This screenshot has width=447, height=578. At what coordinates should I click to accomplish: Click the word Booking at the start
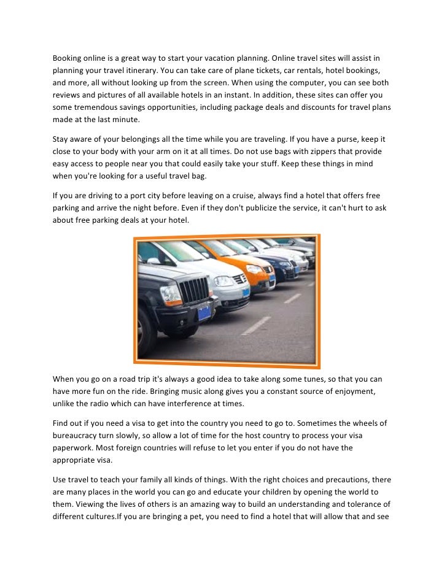[x=68, y=58]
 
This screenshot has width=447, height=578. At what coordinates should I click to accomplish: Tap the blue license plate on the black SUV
[x=204, y=315]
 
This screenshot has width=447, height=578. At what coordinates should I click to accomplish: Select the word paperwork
[x=74, y=448]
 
